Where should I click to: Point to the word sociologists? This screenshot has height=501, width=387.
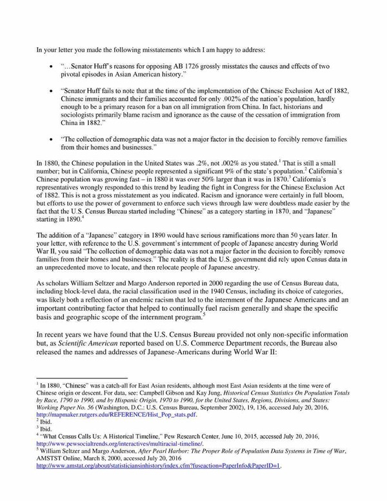point(78,119)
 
